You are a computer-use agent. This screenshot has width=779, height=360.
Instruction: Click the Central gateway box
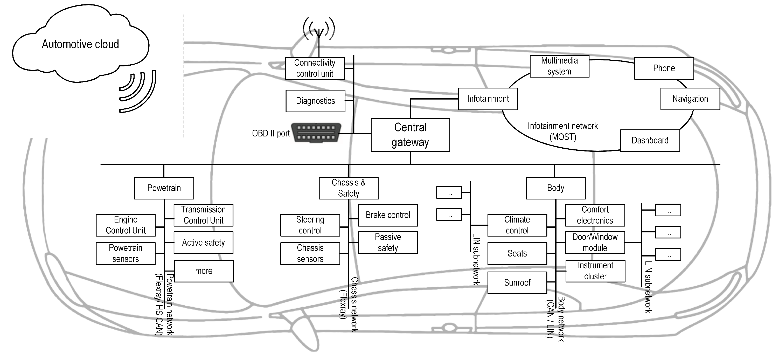(410, 135)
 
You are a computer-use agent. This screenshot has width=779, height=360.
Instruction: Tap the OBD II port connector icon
(316, 133)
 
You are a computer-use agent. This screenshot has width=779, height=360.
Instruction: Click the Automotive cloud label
(80, 44)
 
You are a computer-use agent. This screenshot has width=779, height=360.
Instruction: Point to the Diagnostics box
(315, 101)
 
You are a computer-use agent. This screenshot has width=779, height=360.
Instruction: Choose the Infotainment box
(488, 99)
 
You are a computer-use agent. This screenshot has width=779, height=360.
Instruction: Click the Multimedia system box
(559, 66)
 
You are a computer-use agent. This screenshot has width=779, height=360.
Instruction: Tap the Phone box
(664, 68)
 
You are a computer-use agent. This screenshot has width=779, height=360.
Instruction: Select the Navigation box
(690, 99)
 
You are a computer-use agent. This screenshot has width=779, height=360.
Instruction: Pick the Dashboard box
(650, 140)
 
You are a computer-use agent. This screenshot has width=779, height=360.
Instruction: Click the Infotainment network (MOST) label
(563, 131)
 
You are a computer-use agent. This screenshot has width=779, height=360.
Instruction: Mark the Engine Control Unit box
(126, 225)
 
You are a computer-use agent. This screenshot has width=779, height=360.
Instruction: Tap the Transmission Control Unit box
(203, 215)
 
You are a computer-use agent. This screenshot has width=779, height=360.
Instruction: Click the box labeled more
(204, 271)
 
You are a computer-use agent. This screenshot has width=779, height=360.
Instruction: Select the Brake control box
(388, 215)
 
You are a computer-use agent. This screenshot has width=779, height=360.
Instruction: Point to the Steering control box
(310, 225)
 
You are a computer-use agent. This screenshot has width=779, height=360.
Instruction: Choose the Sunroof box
(517, 282)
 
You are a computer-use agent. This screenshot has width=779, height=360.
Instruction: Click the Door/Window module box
(595, 243)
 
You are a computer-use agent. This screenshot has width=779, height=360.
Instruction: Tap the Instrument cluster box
(595, 271)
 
